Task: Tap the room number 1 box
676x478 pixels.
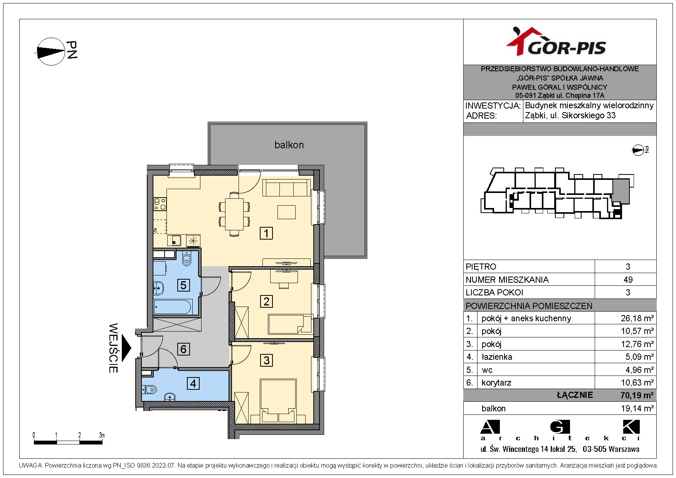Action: point(266,233)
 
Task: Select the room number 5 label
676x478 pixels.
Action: point(183,285)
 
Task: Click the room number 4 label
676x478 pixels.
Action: point(193,383)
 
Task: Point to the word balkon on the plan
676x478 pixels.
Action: point(289,145)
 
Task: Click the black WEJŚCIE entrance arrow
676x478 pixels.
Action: point(126,348)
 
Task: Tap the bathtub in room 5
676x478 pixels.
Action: point(172,307)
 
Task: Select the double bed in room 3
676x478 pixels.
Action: point(278,401)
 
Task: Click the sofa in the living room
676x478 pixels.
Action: point(287,188)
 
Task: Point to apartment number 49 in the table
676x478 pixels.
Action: point(628,280)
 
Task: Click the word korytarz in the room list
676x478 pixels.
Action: point(496,383)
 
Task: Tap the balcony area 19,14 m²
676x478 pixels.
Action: point(637,408)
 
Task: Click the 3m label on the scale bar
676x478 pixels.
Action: point(102,435)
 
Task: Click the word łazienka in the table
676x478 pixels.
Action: point(497,357)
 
